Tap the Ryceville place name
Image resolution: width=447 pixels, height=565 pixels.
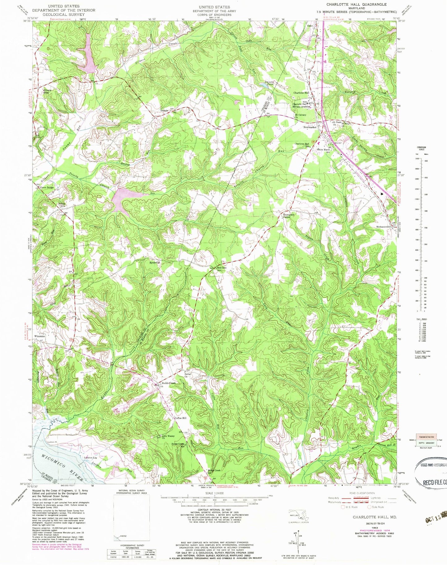155,262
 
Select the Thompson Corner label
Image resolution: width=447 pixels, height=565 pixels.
288,216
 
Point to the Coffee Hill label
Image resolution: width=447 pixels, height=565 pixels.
181,418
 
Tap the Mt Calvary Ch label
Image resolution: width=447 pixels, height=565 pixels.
300,116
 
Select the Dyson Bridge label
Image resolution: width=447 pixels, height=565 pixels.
47,187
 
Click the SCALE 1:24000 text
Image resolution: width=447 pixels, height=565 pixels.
214,493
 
